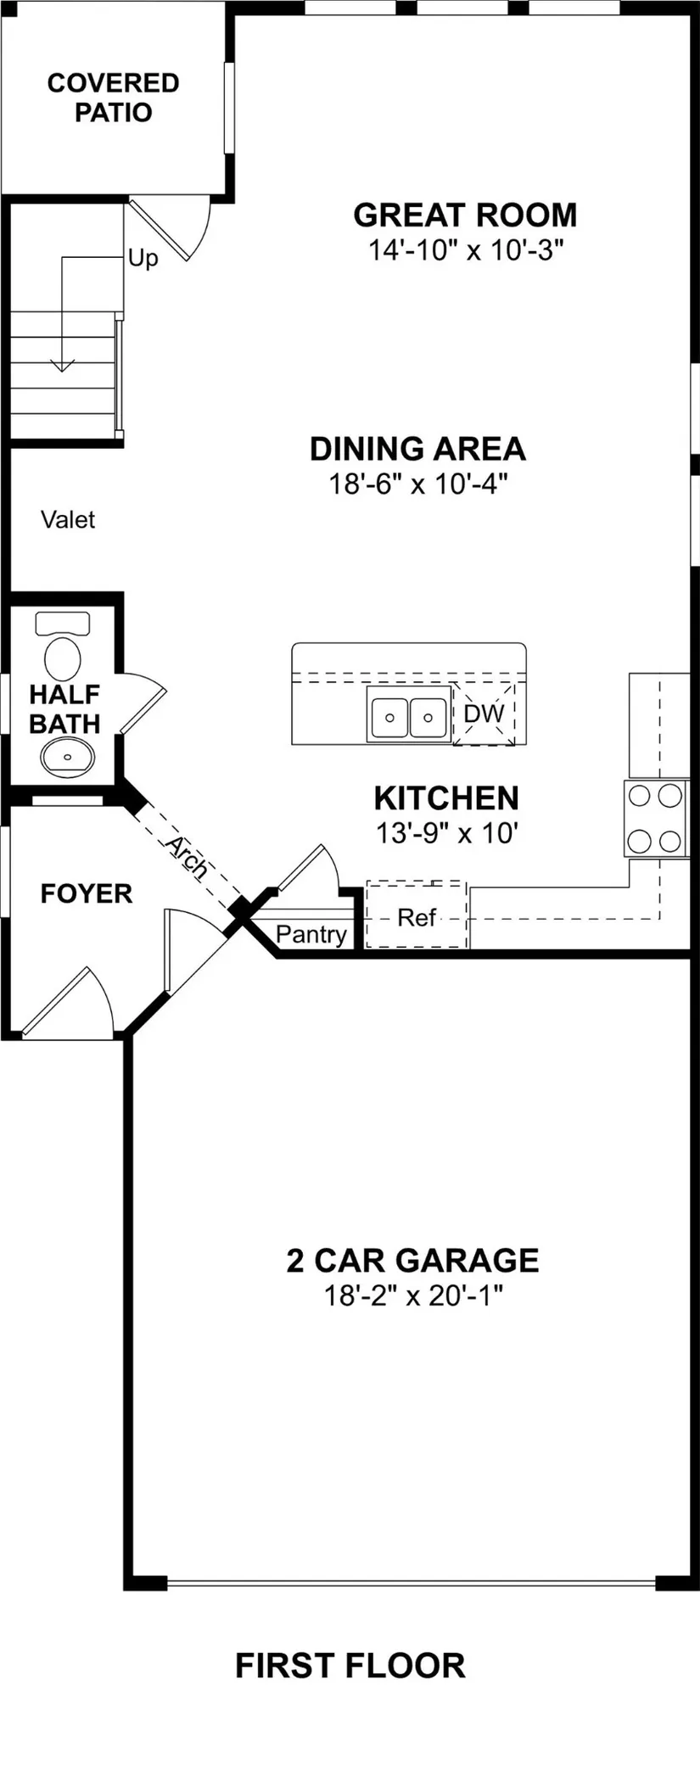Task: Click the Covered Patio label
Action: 114,98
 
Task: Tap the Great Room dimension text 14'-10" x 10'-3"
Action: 466,250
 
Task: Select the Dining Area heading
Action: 417,449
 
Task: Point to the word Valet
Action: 68,519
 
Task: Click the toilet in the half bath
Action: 62,644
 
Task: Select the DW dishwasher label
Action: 484,714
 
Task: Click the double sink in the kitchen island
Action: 408,714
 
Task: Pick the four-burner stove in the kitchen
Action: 657,819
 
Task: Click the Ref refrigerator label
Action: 417,917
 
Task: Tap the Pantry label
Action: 311,935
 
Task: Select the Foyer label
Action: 87,893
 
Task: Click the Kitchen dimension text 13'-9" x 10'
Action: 446,833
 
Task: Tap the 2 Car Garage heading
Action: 412,1260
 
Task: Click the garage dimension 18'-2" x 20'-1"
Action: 413,1296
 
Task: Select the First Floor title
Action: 350,1665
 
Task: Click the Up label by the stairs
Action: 143,258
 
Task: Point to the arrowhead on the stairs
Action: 61,366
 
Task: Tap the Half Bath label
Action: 64,709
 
